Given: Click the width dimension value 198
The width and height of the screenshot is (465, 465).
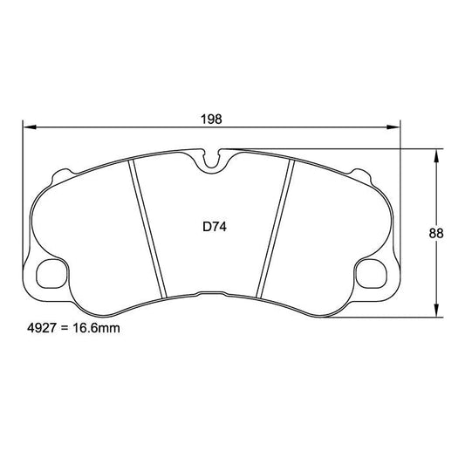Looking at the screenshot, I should pos(209,119).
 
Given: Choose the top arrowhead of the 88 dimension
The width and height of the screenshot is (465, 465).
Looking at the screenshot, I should pos(435,154).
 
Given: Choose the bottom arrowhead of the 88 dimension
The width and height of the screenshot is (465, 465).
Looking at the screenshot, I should pos(435,311).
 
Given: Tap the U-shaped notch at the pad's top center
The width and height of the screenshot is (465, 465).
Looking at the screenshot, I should pos(209,159).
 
